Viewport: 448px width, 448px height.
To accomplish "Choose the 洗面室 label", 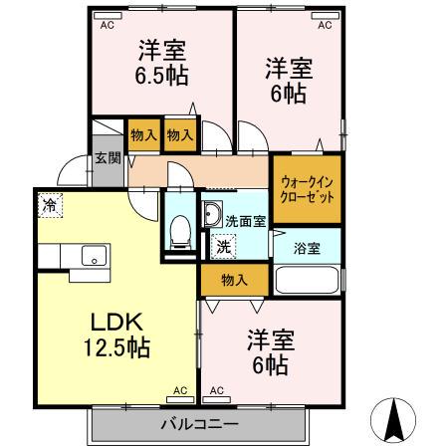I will click(245, 221).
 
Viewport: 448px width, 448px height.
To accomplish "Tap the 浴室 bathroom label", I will click(306, 246).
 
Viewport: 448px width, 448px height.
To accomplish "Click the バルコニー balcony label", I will click(199, 425).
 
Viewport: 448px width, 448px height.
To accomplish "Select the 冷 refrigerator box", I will click(49, 207).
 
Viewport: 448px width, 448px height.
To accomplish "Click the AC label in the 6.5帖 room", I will click(106, 27).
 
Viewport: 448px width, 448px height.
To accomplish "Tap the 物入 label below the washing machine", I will click(234, 280).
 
